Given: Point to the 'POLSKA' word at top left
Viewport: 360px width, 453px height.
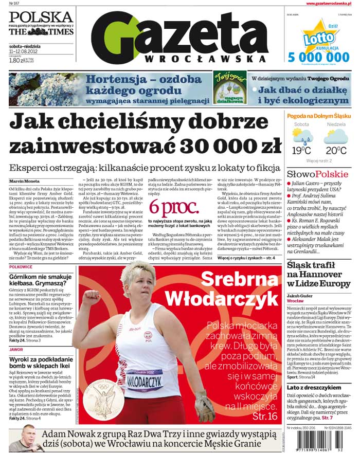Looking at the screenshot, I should click(x=41, y=17).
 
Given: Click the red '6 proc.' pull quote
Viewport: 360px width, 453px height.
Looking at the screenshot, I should click(x=173, y=207).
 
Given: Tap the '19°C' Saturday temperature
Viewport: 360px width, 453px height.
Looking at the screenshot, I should click(x=301, y=151).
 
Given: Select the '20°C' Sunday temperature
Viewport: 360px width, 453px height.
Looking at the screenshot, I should click(x=335, y=151).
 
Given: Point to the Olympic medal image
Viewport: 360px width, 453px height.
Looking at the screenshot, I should click(x=105, y=401).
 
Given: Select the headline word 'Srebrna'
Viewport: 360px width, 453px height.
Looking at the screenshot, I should click(x=238, y=279).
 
